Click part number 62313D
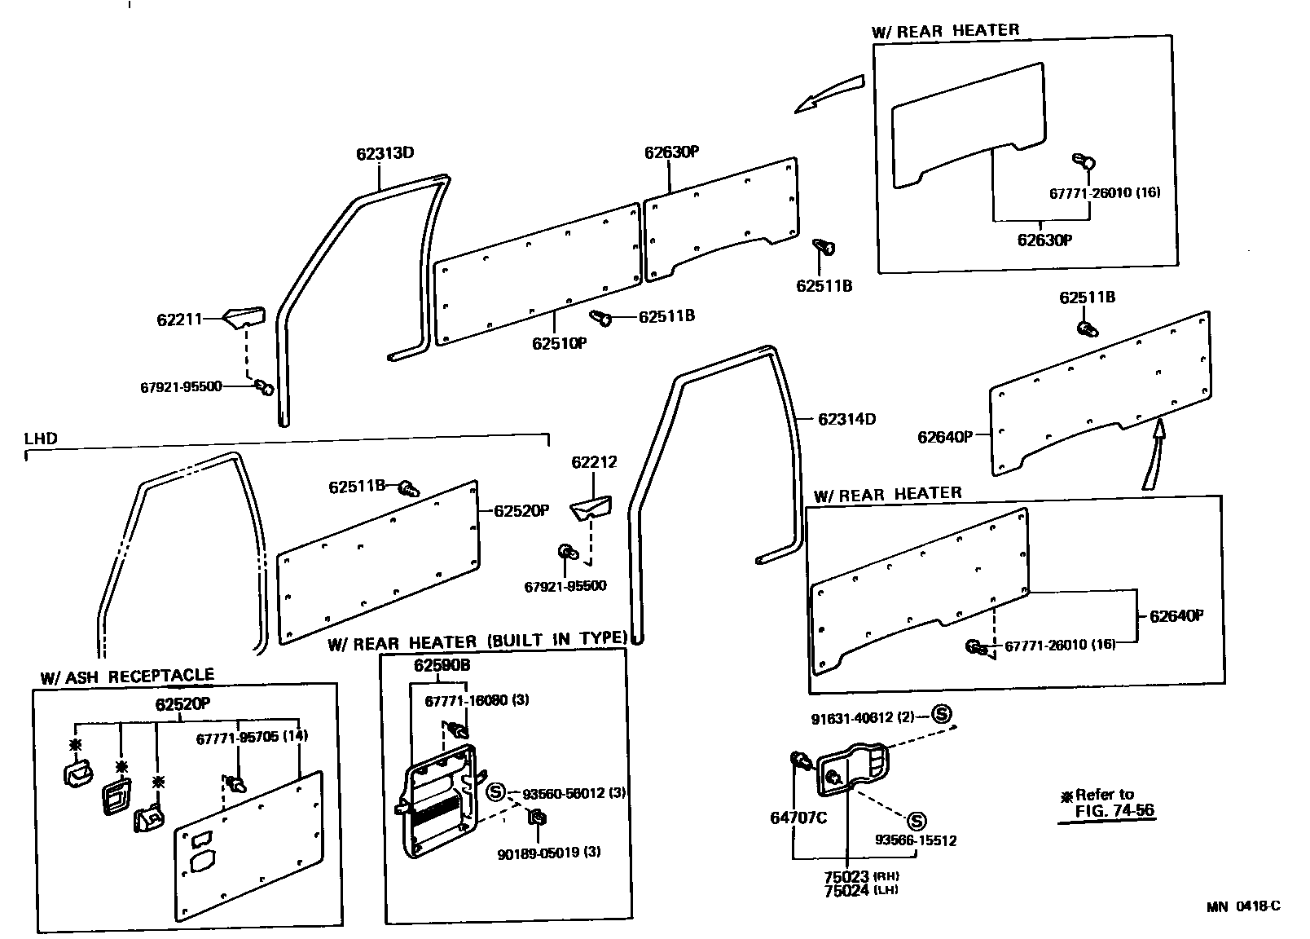point(385,153)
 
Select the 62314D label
point(846,419)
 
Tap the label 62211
point(178,320)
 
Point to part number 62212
point(594,462)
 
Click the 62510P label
point(559,343)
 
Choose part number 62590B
point(442,665)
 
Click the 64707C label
point(798,818)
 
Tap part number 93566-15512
point(917,840)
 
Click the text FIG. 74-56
point(1114,811)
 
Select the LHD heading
point(41,439)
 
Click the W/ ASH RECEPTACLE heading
point(127,676)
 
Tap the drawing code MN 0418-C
point(1243,906)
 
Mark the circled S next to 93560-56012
point(495,791)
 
